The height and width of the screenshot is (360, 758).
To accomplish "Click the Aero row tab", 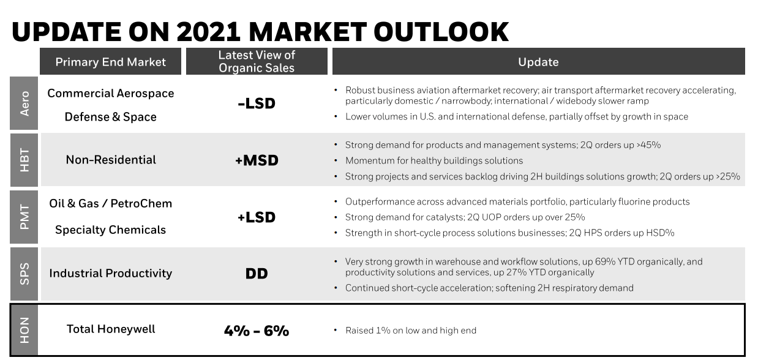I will coord(24,103).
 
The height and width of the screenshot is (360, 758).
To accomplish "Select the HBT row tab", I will coord(24,160).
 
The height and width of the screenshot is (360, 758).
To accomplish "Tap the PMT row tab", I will coord(24,217).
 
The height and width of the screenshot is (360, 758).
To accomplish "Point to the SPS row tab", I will coord(24,274).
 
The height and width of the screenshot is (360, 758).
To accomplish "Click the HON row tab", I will coord(24,330).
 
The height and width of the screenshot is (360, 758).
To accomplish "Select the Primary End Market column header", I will coord(111,61).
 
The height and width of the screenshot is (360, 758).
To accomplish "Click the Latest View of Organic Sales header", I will coord(257,61).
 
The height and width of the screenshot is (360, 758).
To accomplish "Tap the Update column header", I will coord(538,61).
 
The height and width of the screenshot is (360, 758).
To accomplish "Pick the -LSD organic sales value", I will coord(257,103).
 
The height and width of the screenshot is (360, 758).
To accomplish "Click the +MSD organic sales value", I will coord(257,160).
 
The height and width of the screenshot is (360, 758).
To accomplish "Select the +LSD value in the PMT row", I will coord(257,217).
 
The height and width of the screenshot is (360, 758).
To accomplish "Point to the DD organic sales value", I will coord(257,274).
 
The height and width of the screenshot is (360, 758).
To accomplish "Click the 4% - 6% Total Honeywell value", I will coord(257,331).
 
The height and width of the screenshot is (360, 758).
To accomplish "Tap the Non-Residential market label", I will coord(111,160).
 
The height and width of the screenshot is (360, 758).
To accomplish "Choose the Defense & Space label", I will coord(111,117).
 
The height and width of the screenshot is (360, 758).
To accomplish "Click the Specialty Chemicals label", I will coord(111,230).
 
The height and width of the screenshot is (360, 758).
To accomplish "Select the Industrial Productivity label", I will coord(111,274).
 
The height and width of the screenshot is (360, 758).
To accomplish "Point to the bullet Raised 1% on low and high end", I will coord(410,331).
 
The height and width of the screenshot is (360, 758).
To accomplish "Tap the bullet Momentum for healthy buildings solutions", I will coord(433,160).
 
